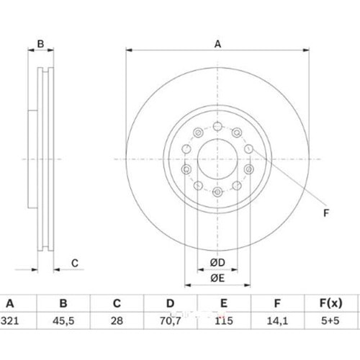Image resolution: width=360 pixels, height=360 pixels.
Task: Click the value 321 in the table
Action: coord(10,320)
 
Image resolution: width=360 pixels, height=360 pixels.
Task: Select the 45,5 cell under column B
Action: coord(63,321)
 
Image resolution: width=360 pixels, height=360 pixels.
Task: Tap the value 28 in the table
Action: coord(117,320)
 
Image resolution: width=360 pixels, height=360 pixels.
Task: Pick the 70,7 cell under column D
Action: coord(170,321)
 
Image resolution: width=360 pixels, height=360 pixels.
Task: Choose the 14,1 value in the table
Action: coord(277,321)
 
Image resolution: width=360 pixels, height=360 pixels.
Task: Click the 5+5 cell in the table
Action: coord(330,320)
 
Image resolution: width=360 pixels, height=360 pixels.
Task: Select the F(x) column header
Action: coord(330,303)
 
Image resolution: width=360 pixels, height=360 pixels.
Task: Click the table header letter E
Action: coord(224,303)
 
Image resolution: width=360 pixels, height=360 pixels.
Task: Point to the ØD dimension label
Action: coord(217,263)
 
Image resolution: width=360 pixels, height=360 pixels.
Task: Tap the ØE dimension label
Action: coord(217,278)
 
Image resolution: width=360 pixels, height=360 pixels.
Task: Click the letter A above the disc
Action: coord(217,44)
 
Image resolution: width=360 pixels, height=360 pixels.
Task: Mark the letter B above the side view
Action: coord(40,44)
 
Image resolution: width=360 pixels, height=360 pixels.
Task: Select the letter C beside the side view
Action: coord(75,264)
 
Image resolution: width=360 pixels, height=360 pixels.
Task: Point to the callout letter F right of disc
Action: coord(326,213)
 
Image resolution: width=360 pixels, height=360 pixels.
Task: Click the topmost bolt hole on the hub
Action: coord(217,126)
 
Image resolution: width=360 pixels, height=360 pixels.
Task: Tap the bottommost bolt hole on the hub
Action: coord(217,192)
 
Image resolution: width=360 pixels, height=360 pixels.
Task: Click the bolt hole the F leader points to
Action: coord(248,149)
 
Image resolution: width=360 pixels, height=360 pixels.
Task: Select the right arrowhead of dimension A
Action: coord(306,50)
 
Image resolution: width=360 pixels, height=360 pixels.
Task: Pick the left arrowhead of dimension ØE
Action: coord(188,285)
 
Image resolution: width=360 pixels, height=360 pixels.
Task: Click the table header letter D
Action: coord(170,303)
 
